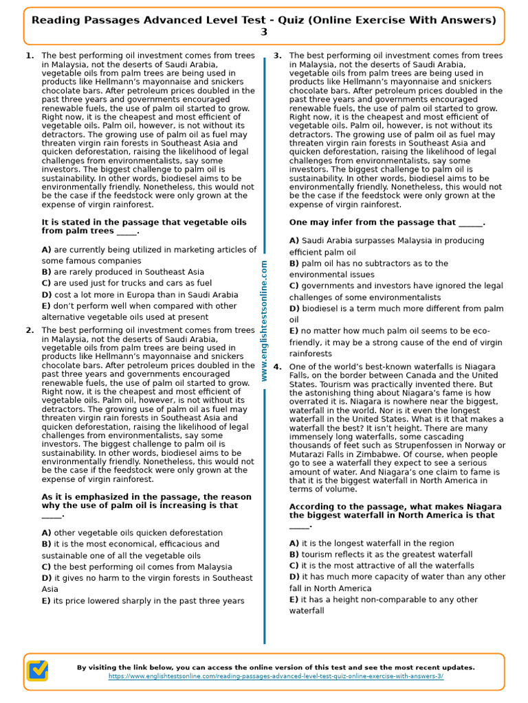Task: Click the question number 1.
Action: [x=30, y=56]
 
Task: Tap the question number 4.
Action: [x=277, y=367]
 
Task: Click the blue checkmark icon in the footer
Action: [x=37, y=670]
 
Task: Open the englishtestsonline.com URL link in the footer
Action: [x=276, y=676]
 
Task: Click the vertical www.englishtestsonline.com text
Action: [x=264, y=323]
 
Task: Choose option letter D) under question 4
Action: [x=294, y=577]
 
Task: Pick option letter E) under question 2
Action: [x=46, y=601]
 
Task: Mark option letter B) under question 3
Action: [x=294, y=264]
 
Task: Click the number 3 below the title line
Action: [x=264, y=32]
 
